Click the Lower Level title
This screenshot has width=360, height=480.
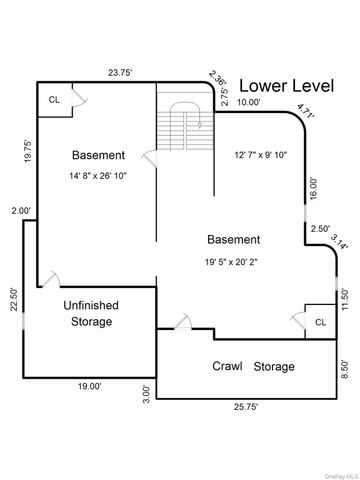click(x=287, y=86)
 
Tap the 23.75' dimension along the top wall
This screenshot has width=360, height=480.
click(x=120, y=73)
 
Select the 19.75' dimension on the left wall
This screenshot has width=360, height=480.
click(x=28, y=151)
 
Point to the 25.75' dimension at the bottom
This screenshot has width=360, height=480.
click(x=246, y=407)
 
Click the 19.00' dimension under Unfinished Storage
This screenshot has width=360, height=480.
click(x=90, y=386)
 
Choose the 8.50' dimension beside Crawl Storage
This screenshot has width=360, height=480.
click(x=345, y=369)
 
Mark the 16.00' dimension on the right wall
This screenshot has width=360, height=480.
click(x=314, y=189)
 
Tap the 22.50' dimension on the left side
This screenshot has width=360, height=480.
click(x=14, y=299)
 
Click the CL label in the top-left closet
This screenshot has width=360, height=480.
click(x=54, y=100)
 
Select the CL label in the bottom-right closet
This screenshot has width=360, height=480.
click(x=320, y=322)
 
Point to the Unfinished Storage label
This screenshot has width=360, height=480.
click(x=91, y=314)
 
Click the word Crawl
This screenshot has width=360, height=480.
click(x=227, y=366)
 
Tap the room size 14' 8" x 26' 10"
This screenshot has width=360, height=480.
click(x=98, y=176)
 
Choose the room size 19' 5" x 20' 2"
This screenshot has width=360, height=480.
click(x=231, y=262)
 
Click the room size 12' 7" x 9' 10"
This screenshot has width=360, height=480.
click(x=261, y=155)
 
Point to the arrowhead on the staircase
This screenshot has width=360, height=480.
click(x=200, y=126)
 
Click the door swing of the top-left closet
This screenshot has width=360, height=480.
click(x=80, y=98)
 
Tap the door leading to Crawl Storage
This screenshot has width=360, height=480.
click(x=183, y=322)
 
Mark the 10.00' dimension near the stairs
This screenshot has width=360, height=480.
click(x=249, y=102)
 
